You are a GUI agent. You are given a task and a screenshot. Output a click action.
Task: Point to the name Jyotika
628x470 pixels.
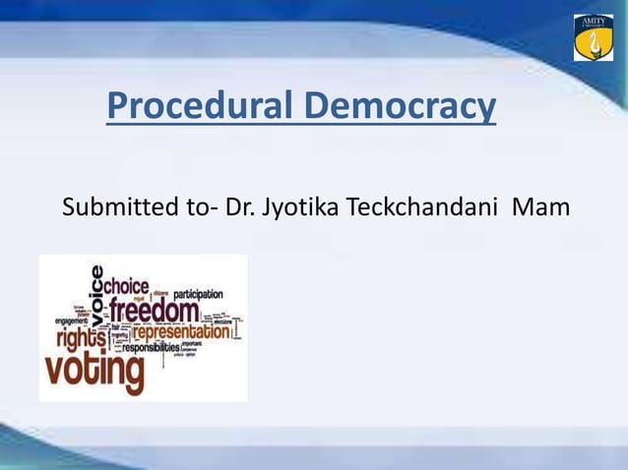pos(295,209)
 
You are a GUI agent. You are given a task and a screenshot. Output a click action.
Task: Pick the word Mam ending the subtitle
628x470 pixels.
pos(540,209)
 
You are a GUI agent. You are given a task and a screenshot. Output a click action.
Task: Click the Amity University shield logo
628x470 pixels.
pos(594,37)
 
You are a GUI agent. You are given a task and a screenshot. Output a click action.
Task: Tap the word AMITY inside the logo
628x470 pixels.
pos(594,21)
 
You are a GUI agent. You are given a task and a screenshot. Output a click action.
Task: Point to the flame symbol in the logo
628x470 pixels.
pos(594,41)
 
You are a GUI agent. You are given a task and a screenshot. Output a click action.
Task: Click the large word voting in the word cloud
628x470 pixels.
pos(94,373)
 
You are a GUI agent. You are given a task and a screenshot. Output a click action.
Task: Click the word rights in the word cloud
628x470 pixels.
pos(81,337)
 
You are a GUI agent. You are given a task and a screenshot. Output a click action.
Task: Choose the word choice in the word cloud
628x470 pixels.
pos(126,285)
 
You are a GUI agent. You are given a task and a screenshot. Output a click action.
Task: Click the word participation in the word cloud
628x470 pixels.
pos(198,293)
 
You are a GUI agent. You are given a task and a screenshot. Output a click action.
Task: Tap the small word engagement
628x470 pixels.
pos(71,321)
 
